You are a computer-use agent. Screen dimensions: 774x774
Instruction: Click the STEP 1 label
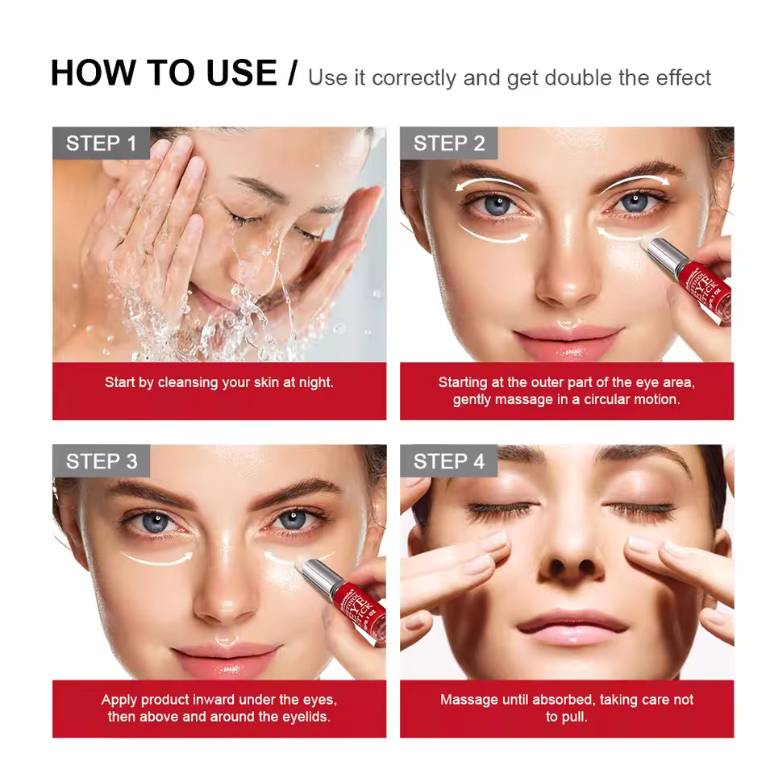[102, 144]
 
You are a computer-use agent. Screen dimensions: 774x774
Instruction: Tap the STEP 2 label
[449, 144]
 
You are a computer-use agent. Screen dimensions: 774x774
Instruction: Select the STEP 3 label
[102, 461]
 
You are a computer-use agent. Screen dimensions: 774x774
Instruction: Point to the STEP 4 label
[449, 461]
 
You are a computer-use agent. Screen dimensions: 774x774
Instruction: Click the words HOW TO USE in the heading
[163, 73]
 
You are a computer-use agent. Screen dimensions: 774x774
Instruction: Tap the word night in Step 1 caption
[314, 382]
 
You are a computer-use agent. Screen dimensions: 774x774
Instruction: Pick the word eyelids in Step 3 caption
[304, 717]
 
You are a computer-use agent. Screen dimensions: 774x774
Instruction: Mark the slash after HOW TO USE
[292, 73]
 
